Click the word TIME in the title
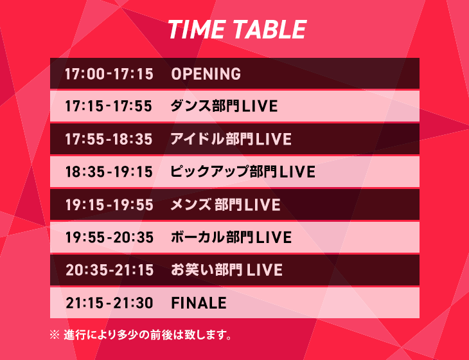(197, 30)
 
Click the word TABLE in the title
(270, 30)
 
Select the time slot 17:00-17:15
(109, 74)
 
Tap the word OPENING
(206, 74)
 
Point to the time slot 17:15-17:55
(109, 106)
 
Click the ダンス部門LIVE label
(224, 106)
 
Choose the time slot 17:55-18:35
(109, 139)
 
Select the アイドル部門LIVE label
(231, 139)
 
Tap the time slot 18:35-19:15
(109, 172)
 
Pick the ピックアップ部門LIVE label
(243, 172)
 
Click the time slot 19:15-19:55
(109, 205)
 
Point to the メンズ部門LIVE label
(226, 204)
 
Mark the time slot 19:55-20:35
(109, 238)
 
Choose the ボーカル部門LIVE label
(231, 237)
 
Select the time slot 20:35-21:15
(109, 270)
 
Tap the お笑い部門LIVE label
(227, 269)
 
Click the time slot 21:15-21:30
(109, 303)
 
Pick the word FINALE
(199, 303)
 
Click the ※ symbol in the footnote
(55, 335)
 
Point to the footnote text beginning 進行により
(148, 335)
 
